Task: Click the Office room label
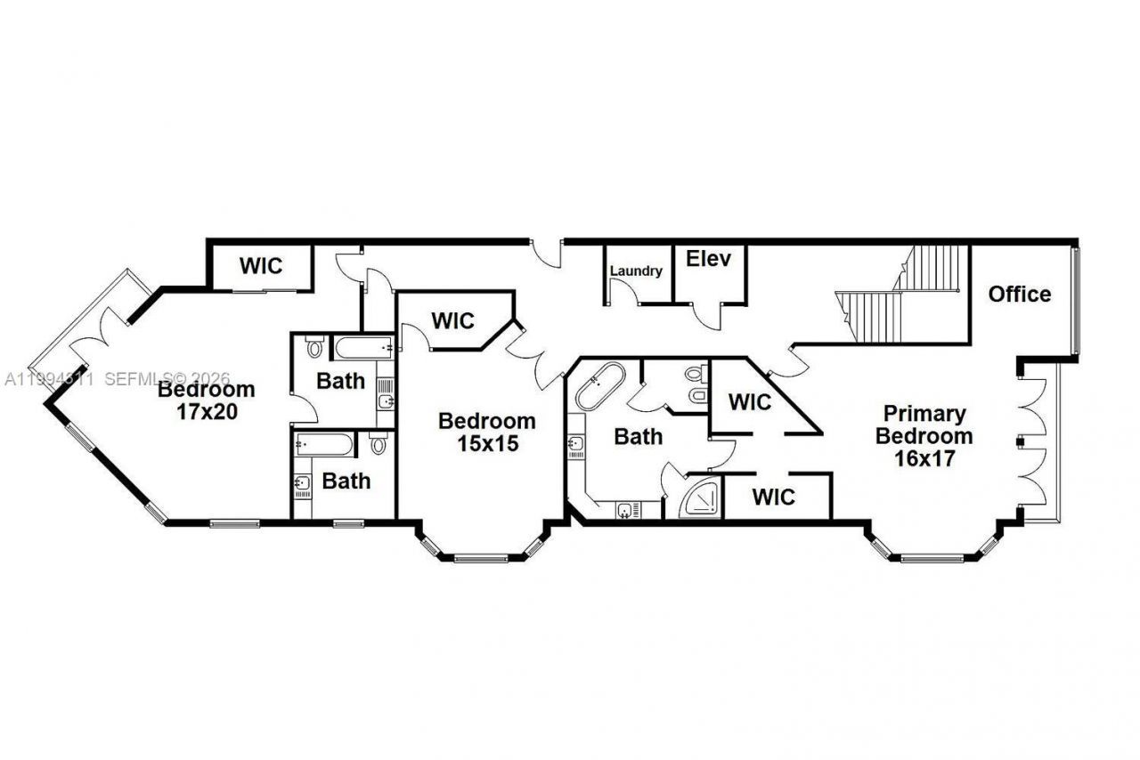pos(1019,294)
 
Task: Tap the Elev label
pos(708,259)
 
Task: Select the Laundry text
pos(636,271)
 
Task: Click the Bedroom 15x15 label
pos(487,432)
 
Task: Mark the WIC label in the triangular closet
pos(750,402)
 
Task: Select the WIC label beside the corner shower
pos(773,497)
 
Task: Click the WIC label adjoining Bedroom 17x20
pos(260,265)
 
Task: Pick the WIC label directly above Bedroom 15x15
pos(452,320)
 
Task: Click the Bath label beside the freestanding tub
pos(638,437)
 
